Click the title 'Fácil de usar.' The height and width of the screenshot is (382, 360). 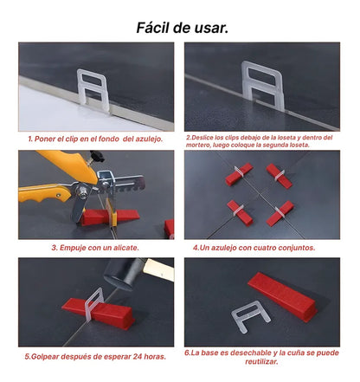(183, 28)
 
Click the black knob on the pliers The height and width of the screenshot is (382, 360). (97, 156)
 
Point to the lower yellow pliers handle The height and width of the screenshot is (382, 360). (43, 194)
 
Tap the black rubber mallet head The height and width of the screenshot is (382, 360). (124, 273)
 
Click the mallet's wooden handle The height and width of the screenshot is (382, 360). (159, 269)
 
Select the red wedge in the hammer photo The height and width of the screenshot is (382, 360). (99, 313)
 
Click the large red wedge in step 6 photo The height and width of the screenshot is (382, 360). (282, 296)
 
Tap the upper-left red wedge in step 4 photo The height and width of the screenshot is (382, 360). (239, 174)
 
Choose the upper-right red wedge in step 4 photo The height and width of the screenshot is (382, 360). (279, 176)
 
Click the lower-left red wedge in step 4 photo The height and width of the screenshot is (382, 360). (240, 213)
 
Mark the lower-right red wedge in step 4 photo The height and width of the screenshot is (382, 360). (280, 214)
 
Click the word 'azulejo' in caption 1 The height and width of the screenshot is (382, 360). (148, 139)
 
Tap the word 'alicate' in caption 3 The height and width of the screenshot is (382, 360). (125, 248)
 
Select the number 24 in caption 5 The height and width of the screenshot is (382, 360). (138, 357)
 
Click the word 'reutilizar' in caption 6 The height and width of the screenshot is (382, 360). (261, 361)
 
